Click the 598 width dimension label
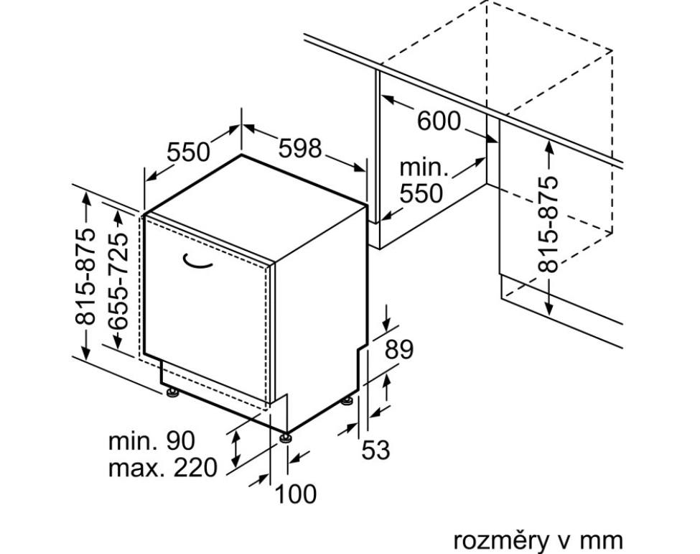300,148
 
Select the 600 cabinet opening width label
439,121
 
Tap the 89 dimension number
400,349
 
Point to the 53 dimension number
375,451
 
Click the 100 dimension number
294,494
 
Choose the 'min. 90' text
151,440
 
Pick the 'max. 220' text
162,468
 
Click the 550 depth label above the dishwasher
189,152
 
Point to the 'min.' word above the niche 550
424,169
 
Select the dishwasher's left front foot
173,392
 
